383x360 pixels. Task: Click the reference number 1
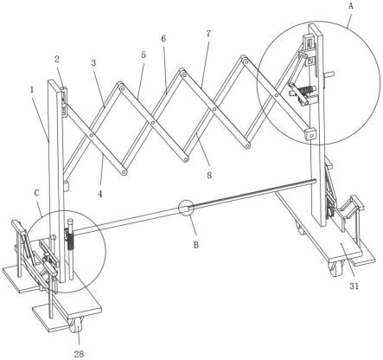pos(32,89)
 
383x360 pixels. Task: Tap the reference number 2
pos(57,59)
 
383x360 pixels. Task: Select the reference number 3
pos(93,62)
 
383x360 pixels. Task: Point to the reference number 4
pos(100,194)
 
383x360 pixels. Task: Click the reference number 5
pos(144,55)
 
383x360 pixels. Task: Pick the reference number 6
pos(163,38)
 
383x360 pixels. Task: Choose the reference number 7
pos(208,33)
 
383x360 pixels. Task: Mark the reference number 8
pos(209,175)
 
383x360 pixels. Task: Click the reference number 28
pos(79,354)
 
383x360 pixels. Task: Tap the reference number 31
pos(354,286)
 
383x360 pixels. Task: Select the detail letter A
pos(351,6)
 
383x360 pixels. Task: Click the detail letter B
pos(196,245)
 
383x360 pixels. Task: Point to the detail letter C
pos(36,193)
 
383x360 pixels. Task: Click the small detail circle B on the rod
pos(185,208)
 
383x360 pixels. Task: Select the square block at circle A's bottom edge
pos(310,134)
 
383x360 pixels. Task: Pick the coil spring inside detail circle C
pos(69,241)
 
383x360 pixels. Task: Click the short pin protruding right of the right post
pos(329,74)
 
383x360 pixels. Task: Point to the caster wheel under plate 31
pos(336,267)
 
